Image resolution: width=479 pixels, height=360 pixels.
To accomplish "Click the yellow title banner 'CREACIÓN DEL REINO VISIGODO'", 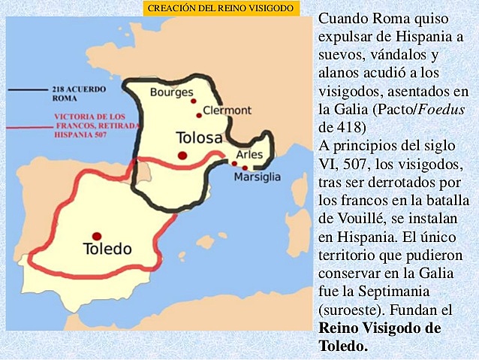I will click(221, 8).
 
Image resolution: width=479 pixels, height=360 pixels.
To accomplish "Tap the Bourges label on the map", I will click(167, 92).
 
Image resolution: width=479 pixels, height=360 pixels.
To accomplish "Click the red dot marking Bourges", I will click(193, 101).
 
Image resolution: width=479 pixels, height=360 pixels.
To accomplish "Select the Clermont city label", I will click(227, 110).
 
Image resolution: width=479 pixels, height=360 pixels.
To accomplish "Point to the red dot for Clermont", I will click(199, 115).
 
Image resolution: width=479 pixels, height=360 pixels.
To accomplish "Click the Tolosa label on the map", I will click(199, 138).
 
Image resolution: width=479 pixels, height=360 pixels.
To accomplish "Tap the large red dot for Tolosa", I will click(182, 155).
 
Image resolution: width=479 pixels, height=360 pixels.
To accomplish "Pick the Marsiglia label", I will click(257, 177).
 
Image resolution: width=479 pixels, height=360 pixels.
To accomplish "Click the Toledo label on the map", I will click(107, 249).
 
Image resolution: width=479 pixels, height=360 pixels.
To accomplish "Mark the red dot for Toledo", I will click(96, 236).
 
